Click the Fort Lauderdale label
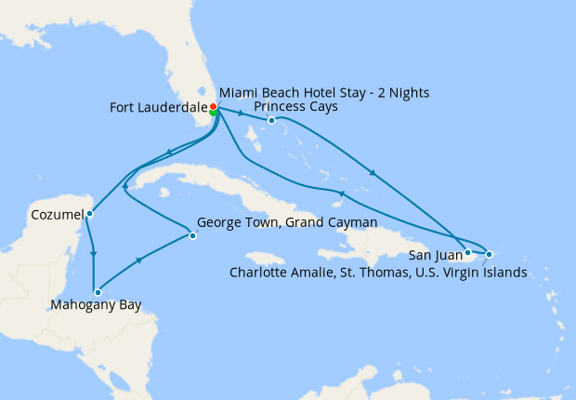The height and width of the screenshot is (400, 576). (x=157, y=107)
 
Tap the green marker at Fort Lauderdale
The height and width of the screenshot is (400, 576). (x=214, y=113)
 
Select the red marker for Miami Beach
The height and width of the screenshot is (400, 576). (x=213, y=107)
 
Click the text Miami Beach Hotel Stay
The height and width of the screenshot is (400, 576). (x=323, y=93)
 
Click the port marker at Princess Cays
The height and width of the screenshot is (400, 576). (x=270, y=120)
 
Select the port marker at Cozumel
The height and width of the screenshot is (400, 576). (x=89, y=214)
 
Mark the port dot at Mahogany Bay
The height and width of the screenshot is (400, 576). (x=97, y=292)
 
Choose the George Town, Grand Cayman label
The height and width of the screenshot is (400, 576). (x=287, y=223)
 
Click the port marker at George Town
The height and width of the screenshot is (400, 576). (x=192, y=235)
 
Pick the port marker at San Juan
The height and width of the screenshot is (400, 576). (x=467, y=252)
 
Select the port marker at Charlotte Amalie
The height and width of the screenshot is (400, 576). (x=489, y=254)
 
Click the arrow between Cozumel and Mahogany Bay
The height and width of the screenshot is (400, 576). (x=93, y=252)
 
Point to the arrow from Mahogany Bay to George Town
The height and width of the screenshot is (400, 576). (x=139, y=261)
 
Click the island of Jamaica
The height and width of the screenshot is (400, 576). (x=265, y=258)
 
